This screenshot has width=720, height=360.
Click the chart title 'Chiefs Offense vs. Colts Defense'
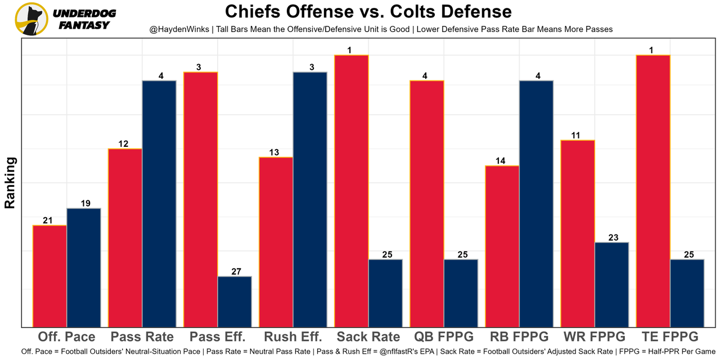tap(368, 12)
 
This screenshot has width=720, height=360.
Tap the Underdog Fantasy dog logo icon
tap(31, 19)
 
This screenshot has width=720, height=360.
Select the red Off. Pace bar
tap(49, 276)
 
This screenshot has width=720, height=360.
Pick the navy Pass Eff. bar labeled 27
tap(235, 301)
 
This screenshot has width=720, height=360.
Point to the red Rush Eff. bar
tap(276, 242)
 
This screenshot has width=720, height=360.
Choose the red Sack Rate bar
tap(352, 191)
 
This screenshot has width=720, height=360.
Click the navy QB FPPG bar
tap(461, 293)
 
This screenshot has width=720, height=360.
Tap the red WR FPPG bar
tap(578, 233)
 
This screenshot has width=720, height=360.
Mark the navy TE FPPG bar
tap(687, 293)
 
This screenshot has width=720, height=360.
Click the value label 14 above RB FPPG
tap(500, 161)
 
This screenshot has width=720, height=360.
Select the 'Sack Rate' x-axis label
tap(368, 337)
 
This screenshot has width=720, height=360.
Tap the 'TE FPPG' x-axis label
tap(670, 337)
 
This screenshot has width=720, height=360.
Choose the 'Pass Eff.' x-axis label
tap(218, 337)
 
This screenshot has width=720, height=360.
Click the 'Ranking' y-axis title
tap(10, 183)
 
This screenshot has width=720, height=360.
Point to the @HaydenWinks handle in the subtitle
tap(179, 29)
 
